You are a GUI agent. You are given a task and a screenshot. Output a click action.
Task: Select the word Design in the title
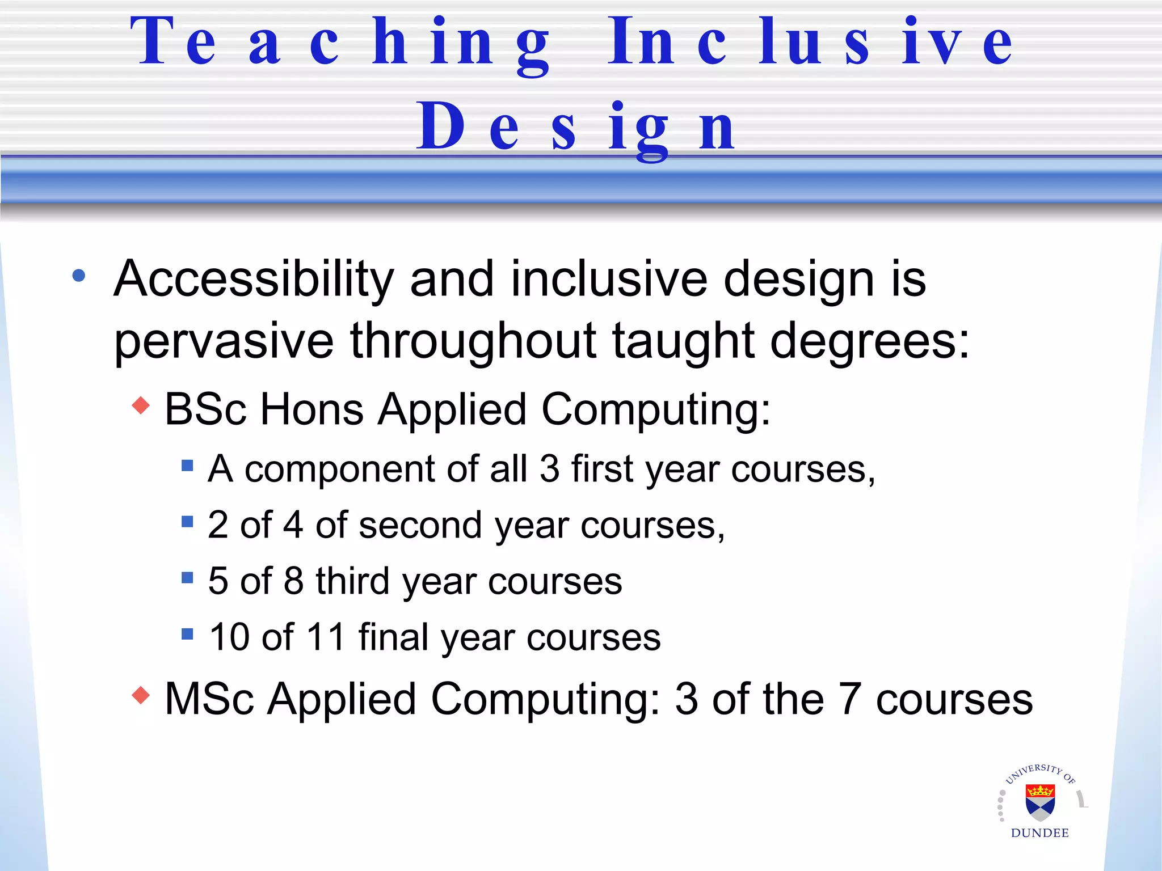point(575,128)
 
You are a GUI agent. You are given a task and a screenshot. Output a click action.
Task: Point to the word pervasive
point(224,341)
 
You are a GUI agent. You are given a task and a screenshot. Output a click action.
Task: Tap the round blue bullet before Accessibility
point(79,276)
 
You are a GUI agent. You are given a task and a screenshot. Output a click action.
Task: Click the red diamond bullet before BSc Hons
point(141,405)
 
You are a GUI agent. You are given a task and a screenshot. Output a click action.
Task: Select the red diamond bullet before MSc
point(141,695)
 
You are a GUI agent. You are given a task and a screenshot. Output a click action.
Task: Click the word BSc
point(205,409)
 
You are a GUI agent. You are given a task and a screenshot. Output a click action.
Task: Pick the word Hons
point(311,409)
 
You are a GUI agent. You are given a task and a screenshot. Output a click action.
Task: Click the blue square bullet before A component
point(187,466)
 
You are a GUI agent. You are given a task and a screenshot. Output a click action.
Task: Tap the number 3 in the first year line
point(549,469)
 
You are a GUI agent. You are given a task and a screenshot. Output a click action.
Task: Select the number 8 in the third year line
point(293,581)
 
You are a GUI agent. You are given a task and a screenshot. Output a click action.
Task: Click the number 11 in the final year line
point(325,637)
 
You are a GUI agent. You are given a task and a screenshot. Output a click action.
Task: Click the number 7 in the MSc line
point(849,699)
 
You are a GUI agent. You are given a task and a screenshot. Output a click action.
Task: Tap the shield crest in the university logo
point(1040,802)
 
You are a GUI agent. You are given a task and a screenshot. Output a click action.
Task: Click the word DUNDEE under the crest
point(1040,833)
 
